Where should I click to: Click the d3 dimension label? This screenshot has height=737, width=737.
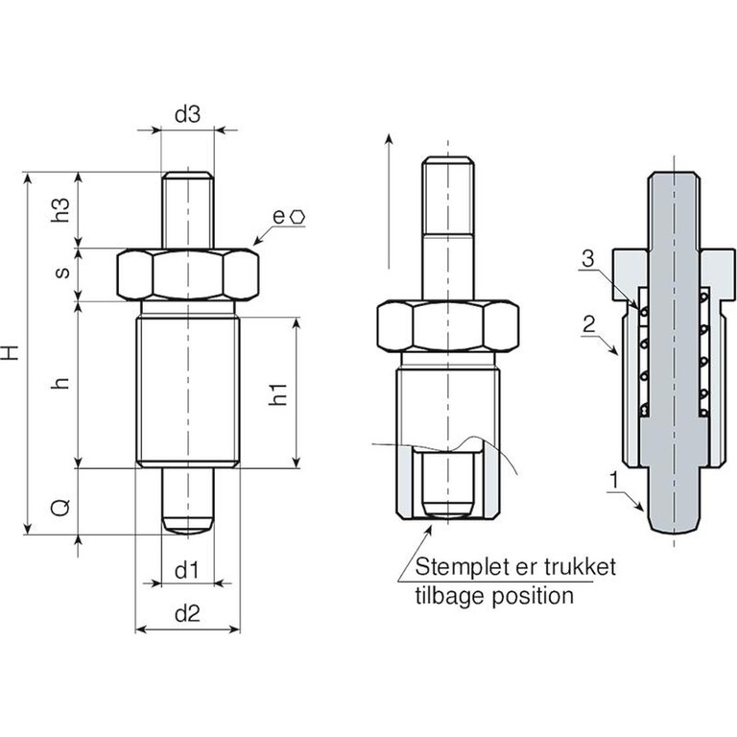pos(187,114)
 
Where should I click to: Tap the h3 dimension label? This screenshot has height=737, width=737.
pos(61,209)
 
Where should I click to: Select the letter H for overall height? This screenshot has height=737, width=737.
pos(11,352)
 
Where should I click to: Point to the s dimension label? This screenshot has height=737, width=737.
pos(62,273)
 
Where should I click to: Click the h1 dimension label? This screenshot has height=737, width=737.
pos(278,393)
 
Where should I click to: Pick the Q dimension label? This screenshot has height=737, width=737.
pos(60,508)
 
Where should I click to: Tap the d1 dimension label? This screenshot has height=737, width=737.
pos(186,570)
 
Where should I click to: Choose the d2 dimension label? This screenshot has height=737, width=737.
pos(187,614)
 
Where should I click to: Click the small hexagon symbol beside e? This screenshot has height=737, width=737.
pos(298,217)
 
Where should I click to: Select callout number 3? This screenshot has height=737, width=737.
pos(587,258)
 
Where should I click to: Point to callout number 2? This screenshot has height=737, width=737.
pos(588,324)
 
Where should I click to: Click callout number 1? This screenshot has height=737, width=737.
pos(613,481)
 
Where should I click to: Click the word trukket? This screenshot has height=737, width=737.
pos(580,567)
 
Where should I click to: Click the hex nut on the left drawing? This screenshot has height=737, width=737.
pos(187,275)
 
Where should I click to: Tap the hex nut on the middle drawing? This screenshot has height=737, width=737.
pos(448,325)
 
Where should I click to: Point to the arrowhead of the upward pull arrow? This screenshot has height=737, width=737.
pos(389,138)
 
